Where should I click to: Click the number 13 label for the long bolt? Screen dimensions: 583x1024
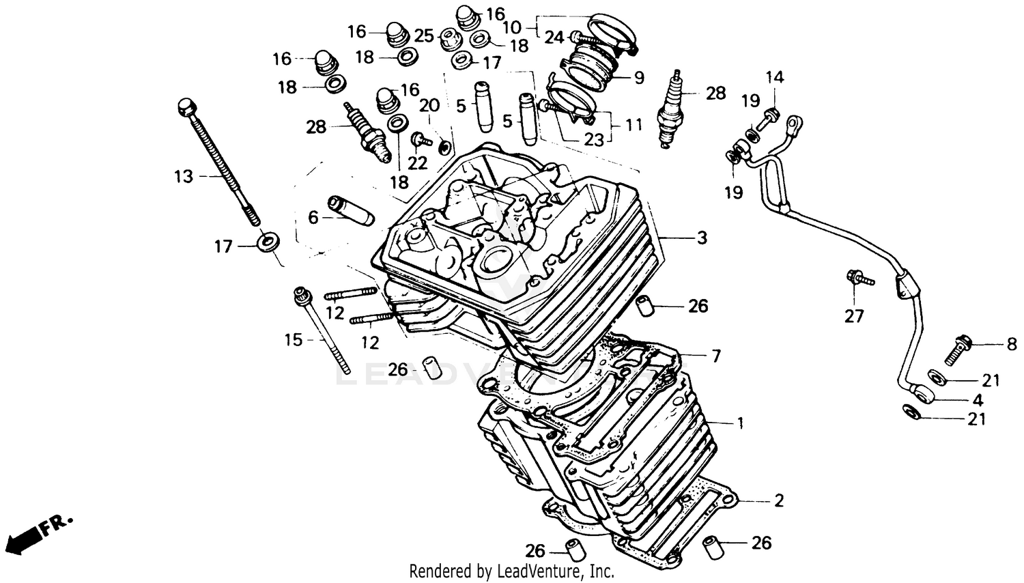183,177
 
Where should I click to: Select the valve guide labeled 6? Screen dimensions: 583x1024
350,212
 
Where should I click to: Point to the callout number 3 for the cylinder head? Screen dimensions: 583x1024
702,238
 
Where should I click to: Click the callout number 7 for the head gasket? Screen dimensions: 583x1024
715,356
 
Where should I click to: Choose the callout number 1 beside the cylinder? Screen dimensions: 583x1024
740,423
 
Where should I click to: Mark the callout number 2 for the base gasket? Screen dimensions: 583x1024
778,500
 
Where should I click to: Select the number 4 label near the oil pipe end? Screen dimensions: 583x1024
978,400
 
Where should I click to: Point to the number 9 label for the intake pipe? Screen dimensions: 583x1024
638,78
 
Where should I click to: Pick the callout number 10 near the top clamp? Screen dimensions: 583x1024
511,28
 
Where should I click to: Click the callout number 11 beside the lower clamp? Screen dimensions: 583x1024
634,125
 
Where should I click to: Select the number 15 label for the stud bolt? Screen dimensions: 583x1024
293,339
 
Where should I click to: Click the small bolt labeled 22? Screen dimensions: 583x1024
418,140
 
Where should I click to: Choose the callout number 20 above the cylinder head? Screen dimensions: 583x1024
429,106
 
